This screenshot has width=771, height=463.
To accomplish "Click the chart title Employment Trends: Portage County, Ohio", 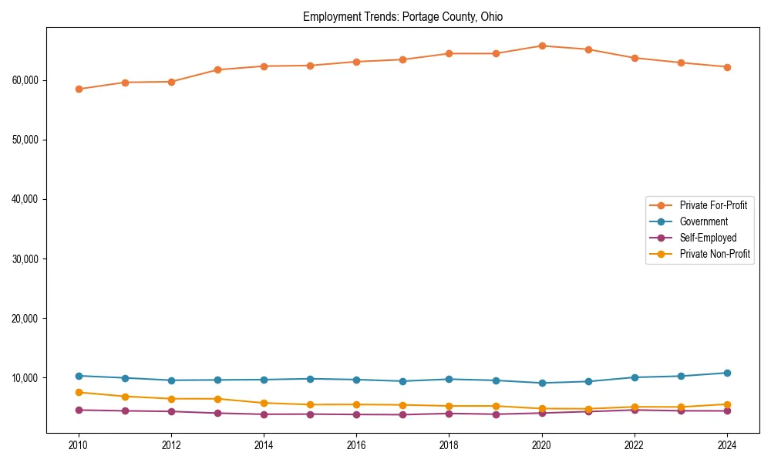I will (402, 17).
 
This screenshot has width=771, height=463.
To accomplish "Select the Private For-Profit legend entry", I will (713, 205).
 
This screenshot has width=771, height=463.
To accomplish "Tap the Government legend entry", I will (703, 221).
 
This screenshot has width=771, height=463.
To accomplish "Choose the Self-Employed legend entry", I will (708, 238).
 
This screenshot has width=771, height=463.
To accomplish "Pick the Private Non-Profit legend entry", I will (715, 254).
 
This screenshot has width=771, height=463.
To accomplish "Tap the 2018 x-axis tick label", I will (449, 444).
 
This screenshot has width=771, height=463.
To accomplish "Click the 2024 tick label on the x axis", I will (726, 444).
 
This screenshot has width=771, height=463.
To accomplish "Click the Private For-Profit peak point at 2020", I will (542, 46).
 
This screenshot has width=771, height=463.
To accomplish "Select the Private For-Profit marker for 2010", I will (79, 89).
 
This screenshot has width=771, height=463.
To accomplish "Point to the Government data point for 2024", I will (726, 373).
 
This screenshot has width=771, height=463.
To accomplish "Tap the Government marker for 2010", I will (79, 376).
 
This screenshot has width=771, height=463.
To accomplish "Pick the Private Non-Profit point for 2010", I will (79, 392).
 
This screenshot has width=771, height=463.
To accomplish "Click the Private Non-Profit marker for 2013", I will (217, 399).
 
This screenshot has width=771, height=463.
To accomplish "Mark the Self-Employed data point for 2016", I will (356, 414).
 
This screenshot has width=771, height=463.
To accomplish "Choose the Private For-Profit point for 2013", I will (217, 69).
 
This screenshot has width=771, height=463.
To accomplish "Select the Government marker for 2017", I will (402, 381).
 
